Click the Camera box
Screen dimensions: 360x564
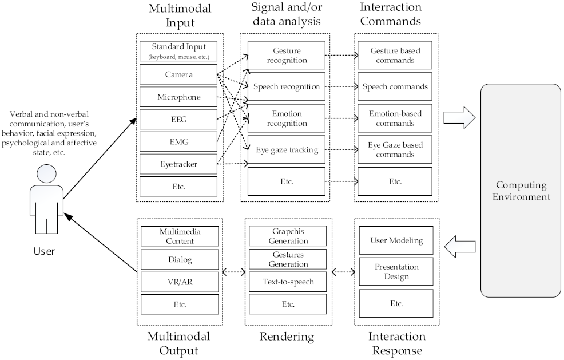click(178, 75)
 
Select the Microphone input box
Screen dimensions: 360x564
click(178, 97)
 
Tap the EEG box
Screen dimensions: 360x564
click(178, 119)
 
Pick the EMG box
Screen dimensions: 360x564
click(178, 141)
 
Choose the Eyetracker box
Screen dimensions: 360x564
click(178, 164)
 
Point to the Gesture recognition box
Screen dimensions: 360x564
click(287, 56)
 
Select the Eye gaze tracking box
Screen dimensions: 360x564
click(287, 151)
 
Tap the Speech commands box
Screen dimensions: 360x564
click(395, 87)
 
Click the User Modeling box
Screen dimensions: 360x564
click(396, 241)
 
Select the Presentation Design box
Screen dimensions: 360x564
click(396, 271)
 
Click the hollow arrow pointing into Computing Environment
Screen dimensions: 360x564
click(460, 118)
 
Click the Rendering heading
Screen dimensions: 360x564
click(287, 336)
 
